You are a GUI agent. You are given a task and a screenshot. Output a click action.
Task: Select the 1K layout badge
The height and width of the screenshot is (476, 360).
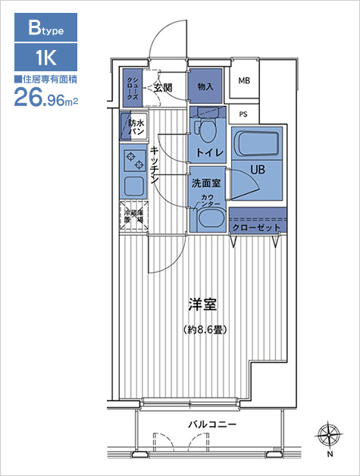coord(46,58)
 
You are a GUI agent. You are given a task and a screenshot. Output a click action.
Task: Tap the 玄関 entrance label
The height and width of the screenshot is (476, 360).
coord(162,88)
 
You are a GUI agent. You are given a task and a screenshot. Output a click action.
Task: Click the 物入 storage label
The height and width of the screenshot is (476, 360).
coord(205,86)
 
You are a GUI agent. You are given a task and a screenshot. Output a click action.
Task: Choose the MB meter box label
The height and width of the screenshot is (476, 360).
coord(244,81)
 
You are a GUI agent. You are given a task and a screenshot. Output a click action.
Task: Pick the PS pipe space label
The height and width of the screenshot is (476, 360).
coord(243,115)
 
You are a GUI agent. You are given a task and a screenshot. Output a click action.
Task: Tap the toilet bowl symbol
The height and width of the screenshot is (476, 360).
coord(206,130)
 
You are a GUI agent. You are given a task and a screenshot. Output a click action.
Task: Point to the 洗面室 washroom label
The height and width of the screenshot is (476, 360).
coord(205,183)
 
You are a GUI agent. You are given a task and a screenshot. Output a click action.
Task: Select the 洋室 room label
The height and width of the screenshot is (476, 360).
coord(203,305)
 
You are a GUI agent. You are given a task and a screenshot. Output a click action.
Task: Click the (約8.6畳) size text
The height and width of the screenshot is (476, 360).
coord(205,330)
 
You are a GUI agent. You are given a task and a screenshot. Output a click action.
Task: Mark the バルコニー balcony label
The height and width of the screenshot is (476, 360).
coord(212,424)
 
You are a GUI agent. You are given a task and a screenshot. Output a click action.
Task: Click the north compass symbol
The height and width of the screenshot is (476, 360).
coord(328,436)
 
